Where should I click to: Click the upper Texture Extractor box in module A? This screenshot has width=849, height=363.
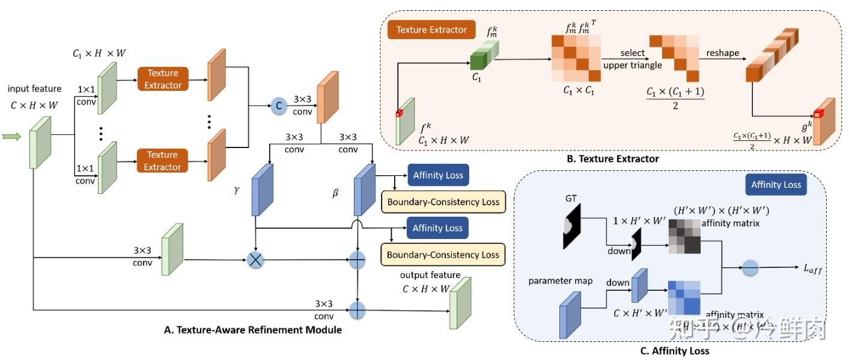163,79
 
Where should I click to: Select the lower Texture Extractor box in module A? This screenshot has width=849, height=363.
162,160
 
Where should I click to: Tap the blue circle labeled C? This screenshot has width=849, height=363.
278,106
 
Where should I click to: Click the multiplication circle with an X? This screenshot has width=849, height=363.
257,261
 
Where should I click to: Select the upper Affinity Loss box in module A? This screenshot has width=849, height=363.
437,176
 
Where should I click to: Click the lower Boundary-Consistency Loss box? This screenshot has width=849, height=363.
443,255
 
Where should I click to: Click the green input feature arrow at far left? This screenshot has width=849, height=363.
11,137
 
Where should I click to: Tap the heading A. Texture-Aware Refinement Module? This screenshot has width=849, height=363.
252,330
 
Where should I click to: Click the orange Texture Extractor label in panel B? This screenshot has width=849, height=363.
431,30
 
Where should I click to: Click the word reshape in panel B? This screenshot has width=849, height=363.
723,53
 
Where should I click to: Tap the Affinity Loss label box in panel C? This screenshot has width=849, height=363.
776,184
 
